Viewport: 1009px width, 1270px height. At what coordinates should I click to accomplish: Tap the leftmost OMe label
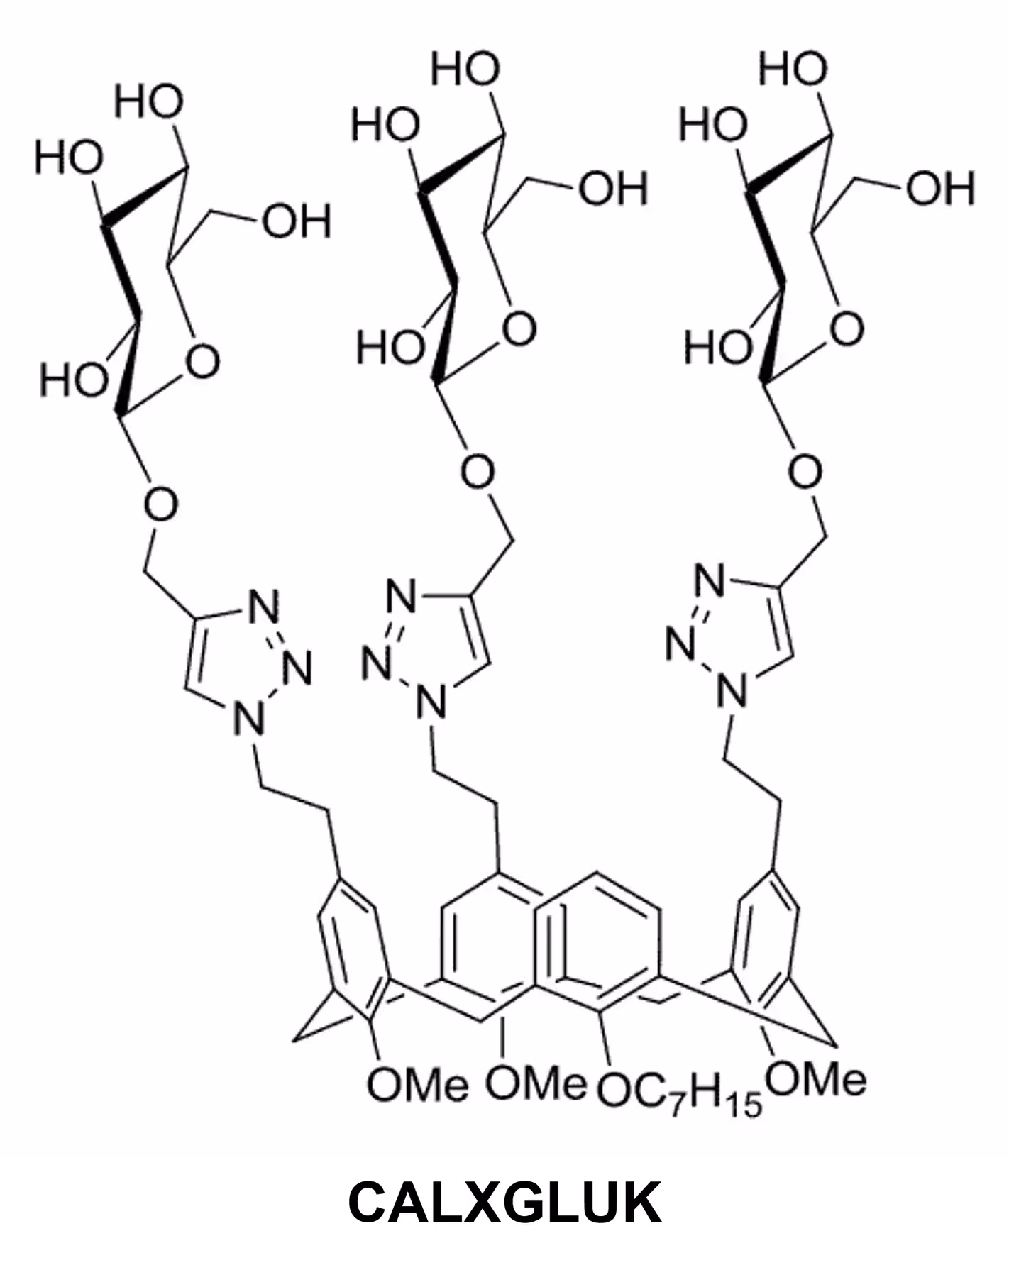point(417,1085)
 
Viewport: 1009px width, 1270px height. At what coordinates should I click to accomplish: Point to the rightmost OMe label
point(817,1079)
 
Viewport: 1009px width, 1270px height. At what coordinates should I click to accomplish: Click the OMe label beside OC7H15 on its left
point(536,1083)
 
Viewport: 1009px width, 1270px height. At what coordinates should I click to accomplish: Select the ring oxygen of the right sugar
point(847,328)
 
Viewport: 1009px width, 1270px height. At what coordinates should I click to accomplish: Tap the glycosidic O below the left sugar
point(160,504)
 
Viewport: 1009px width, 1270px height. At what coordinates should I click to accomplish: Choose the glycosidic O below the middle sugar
point(478,472)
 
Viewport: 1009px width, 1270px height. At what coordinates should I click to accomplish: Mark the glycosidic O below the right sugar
point(805,472)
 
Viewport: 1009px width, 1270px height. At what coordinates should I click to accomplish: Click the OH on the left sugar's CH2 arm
point(297,222)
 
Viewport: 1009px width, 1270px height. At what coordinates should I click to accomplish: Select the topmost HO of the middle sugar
point(465,69)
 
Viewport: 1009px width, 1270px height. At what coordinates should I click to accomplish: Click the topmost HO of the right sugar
point(793,69)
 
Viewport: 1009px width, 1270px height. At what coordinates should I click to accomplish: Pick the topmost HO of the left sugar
point(149,101)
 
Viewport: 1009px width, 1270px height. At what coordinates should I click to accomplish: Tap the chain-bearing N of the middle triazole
point(431,702)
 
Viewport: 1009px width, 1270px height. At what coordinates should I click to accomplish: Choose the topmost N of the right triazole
point(710,582)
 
